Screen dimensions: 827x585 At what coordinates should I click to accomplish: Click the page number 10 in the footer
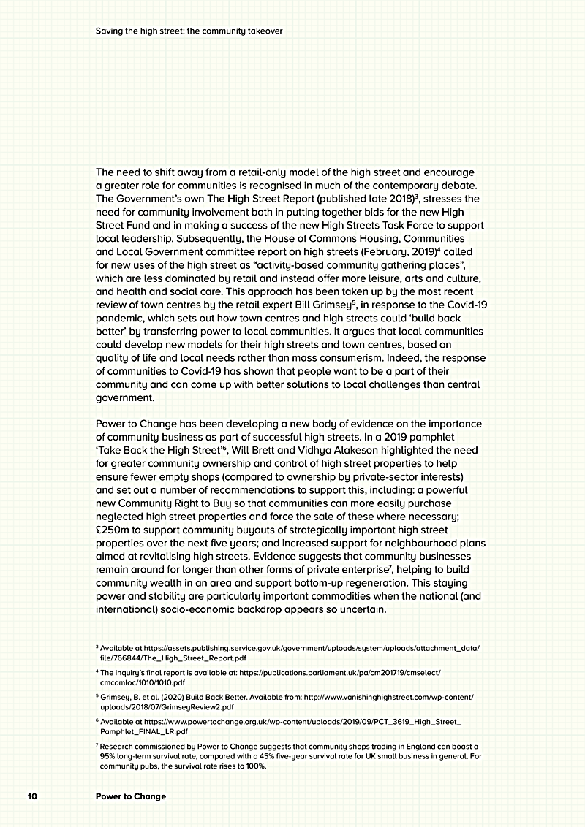coord(31,796)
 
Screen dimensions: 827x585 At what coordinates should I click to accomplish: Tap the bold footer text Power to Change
coord(131,796)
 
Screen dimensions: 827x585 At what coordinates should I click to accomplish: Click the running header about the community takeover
coord(189,31)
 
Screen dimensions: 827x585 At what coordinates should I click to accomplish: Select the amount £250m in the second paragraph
coord(113,530)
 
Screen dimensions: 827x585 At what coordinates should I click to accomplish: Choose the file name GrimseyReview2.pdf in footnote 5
coord(193,707)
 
